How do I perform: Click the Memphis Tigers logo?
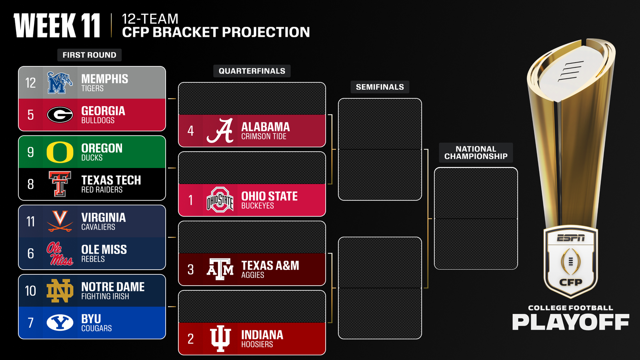60,83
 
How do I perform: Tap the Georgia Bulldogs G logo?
60,115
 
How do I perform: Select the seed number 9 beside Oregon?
30,152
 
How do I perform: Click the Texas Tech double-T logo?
60,184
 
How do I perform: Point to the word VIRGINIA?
103,218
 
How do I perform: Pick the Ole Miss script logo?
60,254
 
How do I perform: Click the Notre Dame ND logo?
60,291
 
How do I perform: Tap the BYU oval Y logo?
60,322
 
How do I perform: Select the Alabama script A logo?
220,131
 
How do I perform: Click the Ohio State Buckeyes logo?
220,200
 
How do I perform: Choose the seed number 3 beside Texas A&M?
190,270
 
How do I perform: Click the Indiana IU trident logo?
220,338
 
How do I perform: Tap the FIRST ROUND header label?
89,55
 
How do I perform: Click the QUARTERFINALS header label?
252,71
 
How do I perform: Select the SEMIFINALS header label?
380,87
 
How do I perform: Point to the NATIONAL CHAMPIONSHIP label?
476,153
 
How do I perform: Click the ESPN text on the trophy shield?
571,238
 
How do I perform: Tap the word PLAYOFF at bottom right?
570,322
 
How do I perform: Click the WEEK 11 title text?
57,26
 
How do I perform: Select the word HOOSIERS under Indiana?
257,344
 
